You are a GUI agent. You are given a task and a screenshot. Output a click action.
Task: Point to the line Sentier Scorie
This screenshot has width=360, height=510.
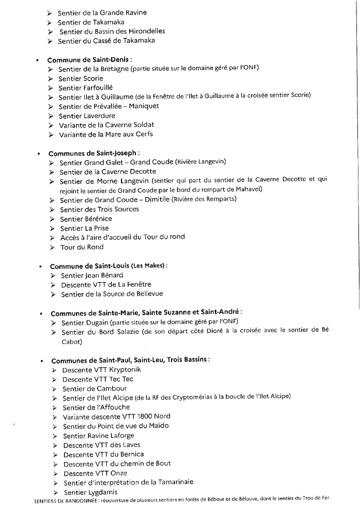point(81,78)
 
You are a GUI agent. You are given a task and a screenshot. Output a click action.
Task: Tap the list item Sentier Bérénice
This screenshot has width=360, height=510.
point(86,219)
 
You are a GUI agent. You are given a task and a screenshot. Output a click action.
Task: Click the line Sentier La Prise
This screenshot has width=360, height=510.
point(84,228)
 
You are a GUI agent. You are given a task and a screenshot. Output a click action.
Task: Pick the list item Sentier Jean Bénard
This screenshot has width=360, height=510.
point(92,275)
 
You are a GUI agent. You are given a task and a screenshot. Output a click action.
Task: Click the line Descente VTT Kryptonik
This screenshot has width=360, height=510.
point(102,370)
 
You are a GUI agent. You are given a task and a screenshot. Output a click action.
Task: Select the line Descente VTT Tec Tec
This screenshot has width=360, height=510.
point(98,379)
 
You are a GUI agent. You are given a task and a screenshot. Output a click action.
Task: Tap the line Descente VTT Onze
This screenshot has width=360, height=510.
point(95,473)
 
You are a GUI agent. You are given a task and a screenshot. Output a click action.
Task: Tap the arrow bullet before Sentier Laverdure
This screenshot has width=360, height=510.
point(51,116)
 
